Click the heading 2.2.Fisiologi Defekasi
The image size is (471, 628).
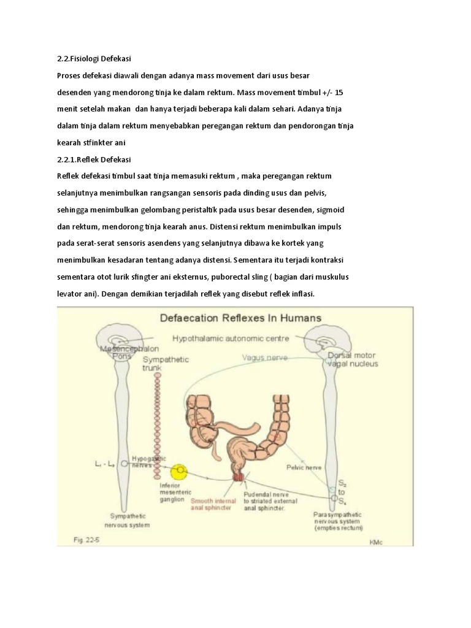(94, 59)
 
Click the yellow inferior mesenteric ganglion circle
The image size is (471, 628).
(180, 471)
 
